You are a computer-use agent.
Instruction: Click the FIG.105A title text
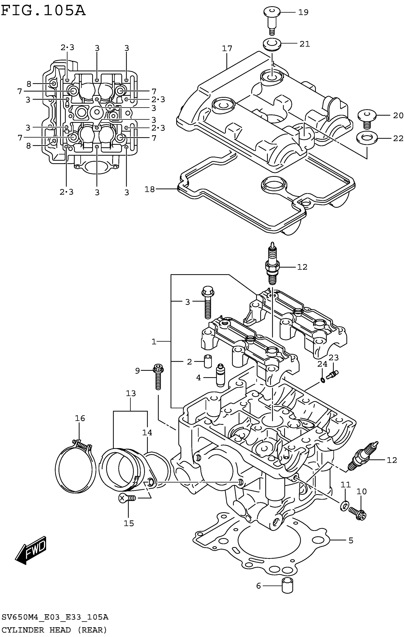pos(43,11)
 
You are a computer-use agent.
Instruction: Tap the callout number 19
pos(303,12)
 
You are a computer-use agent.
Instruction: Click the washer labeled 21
pos(272,44)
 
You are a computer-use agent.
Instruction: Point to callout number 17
pos(227,48)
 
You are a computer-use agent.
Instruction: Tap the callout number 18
pos(149,189)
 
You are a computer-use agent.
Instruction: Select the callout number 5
pos(351,540)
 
